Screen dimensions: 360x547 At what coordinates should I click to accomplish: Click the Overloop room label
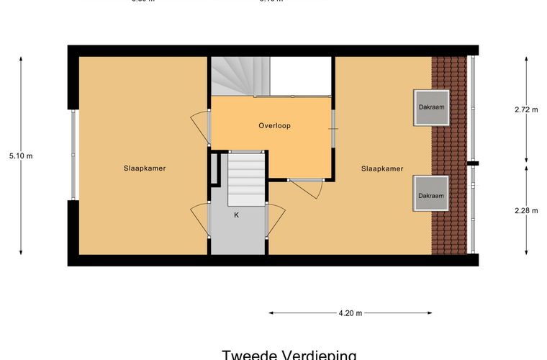click(273, 125)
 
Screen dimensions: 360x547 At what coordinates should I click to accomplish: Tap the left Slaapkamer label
click(145, 168)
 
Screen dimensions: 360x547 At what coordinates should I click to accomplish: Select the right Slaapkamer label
click(381, 168)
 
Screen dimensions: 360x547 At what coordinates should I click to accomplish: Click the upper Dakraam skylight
click(431, 107)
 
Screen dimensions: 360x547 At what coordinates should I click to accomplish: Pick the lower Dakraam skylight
click(431, 194)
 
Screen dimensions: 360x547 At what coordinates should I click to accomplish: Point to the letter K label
click(237, 215)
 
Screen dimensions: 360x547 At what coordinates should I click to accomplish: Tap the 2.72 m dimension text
click(526, 110)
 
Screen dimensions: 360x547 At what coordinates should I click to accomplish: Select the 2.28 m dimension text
click(526, 210)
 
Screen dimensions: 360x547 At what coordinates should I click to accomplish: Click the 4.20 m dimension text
click(350, 313)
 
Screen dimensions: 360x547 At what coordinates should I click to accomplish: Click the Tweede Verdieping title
click(289, 355)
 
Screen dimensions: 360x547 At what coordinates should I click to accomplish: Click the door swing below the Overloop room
click(307, 189)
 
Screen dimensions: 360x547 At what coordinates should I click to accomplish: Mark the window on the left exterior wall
click(73, 155)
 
